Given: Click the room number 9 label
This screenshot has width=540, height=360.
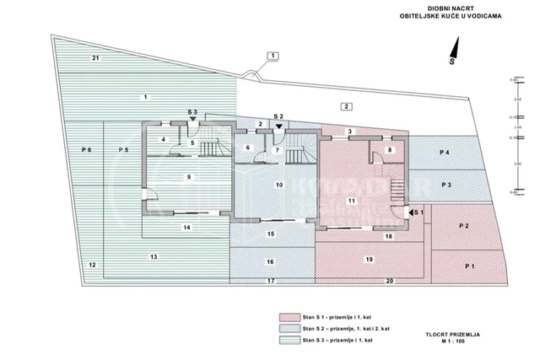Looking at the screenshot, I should (x=189, y=176).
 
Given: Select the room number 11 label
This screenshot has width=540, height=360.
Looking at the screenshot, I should (x=352, y=200).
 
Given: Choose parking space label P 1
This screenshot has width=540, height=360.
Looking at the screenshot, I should (x=469, y=266).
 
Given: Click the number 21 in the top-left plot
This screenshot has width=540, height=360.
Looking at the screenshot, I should (x=96, y=57).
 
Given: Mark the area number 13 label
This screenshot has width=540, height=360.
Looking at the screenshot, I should (x=154, y=255).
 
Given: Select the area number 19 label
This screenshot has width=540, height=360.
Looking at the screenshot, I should (x=369, y=259).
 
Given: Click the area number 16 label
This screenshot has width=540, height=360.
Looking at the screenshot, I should (x=270, y=262).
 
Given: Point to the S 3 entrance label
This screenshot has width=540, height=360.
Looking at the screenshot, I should (x=192, y=112).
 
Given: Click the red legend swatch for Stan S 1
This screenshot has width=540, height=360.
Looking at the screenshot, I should (x=294, y=318).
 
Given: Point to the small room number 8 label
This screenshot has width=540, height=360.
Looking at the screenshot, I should (x=390, y=149).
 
